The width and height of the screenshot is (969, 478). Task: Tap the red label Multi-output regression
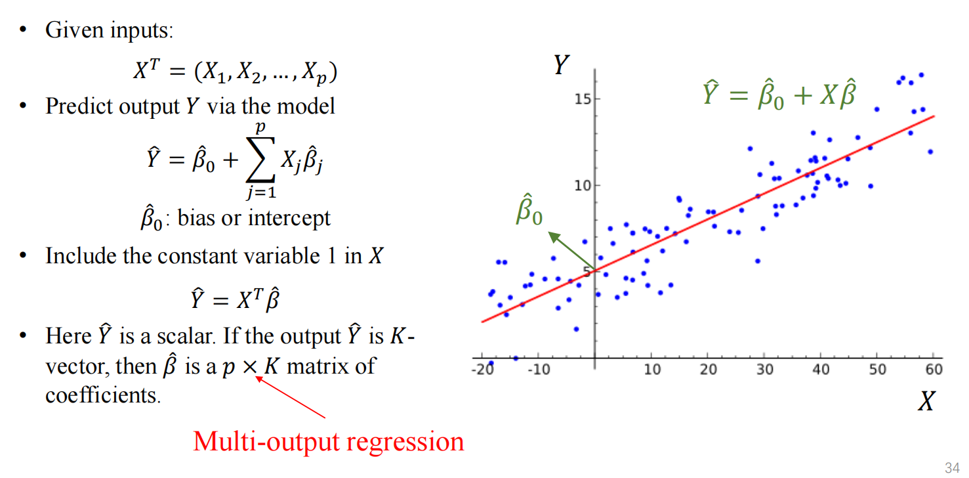pos(328,441)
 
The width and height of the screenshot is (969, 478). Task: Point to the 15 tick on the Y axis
pos(583,98)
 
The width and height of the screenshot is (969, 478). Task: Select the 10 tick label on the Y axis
pos(583,185)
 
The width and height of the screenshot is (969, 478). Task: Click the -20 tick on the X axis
pos(482,369)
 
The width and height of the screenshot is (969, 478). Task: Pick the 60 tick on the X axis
pos(934,369)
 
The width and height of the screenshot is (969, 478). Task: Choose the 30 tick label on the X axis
pos(765,369)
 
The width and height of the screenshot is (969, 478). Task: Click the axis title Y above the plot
pos(560,65)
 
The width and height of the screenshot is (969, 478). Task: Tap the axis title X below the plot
pos(926,401)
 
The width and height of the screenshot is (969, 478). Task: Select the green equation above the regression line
pos(780,96)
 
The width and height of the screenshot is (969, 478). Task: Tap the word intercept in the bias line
pos(289,218)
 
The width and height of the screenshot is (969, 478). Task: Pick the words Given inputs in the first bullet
pos(108,30)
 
